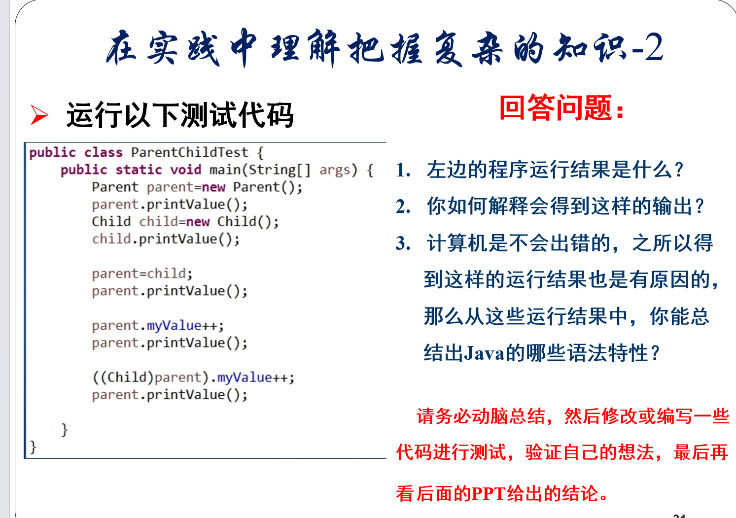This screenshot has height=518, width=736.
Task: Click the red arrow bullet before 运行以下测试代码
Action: (39, 115)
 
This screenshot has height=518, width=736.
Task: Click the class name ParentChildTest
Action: (190, 152)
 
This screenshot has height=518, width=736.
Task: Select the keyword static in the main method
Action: (139, 170)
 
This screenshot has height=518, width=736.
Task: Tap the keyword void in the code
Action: (186, 170)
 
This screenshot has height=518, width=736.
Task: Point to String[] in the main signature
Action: (280, 170)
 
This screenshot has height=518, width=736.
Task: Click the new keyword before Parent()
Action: (213, 187)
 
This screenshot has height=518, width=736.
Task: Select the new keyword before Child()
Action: (198, 222)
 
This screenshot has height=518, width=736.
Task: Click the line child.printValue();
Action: (166, 239)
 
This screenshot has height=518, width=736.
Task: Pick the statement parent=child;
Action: (142, 274)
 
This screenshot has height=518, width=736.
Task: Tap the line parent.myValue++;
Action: (158, 326)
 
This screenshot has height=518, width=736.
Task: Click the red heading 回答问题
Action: (561, 108)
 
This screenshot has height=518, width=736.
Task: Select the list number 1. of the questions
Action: (403, 170)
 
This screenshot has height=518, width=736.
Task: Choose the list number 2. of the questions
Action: (403, 207)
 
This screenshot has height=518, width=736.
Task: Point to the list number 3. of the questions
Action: (403, 243)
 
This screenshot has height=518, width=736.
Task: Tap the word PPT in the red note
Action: (489, 494)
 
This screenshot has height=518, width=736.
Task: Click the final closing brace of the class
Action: (33, 447)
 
